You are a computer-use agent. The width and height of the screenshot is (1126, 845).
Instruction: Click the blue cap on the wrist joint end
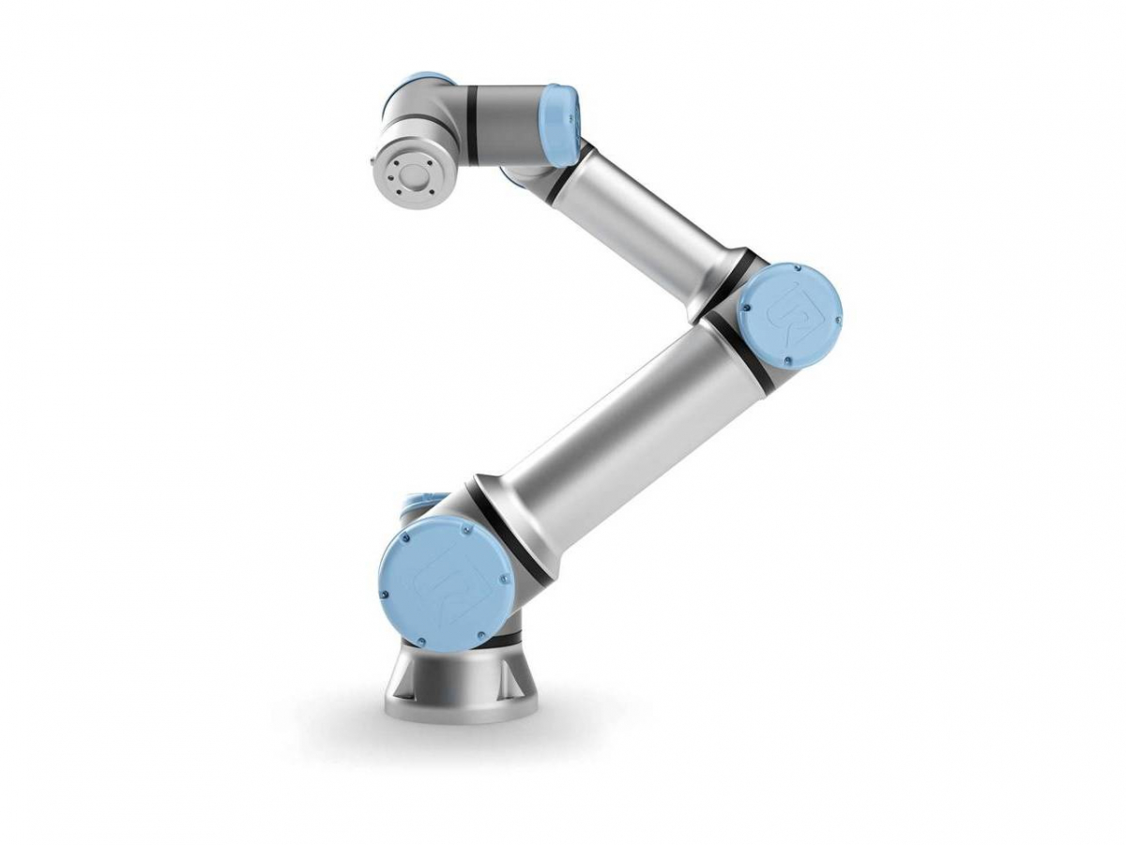pyautogui.click(x=561, y=125)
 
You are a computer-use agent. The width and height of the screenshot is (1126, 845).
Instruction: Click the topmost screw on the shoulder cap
pyautogui.click(x=466, y=531)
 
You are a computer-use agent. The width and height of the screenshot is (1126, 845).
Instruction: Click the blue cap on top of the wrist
pyautogui.click(x=422, y=82)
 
